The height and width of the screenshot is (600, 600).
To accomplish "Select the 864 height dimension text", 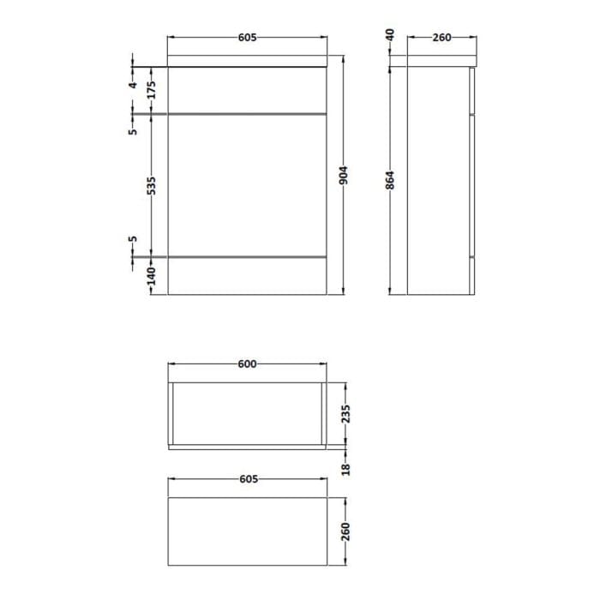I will pyautogui.click(x=390, y=180).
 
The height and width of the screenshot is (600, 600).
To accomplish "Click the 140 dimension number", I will pyautogui.click(x=152, y=276).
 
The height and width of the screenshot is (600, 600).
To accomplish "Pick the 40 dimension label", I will pyautogui.click(x=390, y=35).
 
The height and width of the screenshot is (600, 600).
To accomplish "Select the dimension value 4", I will pyautogui.click(x=133, y=86).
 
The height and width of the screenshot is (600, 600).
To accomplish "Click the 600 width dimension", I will pyautogui.click(x=247, y=364).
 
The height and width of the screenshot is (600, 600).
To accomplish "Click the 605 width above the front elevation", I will pyautogui.click(x=247, y=38).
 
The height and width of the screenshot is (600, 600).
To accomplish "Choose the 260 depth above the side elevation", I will pyautogui.click(x=441, y=38).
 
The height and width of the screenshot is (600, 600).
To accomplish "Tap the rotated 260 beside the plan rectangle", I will pyautogui.click(x=345, y=531).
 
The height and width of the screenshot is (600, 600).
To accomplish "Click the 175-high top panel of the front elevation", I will pyautogui.click(x=247, y=90).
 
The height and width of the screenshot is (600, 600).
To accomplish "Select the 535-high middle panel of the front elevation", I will pyautogui.click(x=247, y=184).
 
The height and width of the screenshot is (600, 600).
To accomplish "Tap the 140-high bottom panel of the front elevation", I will pyautogui.click(x=247, y=275).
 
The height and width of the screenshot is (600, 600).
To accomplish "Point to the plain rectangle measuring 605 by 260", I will pyautogui.click(x=247, y=531).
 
